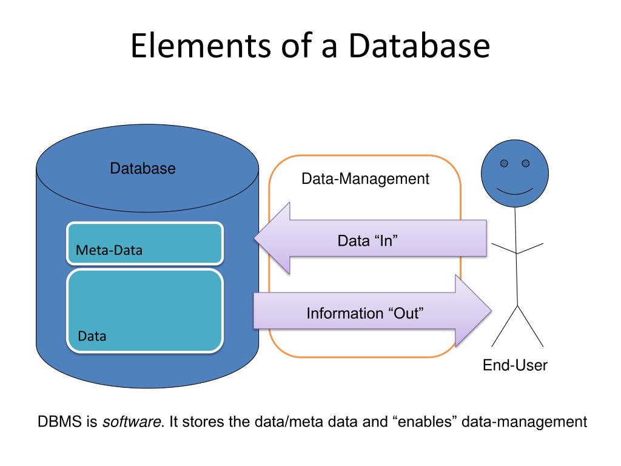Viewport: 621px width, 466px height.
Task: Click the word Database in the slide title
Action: point(419,46)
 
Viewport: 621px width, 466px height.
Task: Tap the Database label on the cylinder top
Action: point(143,169)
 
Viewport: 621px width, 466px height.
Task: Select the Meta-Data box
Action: point(145,243)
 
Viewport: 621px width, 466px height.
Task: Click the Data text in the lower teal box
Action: point(92,336)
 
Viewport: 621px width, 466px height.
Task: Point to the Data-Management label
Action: point(365,179)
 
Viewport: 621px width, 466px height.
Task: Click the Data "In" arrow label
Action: point(367,240)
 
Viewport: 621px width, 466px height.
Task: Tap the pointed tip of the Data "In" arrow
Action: point(255,238)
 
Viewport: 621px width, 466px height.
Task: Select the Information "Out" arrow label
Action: point(364,313)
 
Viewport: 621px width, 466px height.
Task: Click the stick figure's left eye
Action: point(504,163)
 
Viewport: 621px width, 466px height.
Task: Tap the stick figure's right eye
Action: point(526,163)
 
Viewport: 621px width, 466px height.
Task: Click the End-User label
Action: point(515,365)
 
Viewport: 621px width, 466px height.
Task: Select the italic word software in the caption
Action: point(132,421)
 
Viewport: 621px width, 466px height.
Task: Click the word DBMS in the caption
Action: point(59,421)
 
